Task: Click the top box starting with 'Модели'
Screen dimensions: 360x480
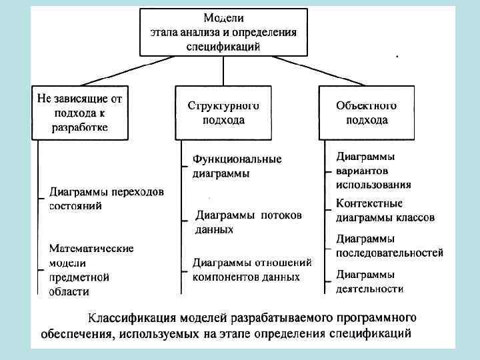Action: click(223, 31)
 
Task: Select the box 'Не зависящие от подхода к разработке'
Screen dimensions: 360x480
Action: click(79, 112)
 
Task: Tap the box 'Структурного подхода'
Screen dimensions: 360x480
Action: click(223, 113)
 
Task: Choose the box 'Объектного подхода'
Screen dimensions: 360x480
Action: click(367, 113)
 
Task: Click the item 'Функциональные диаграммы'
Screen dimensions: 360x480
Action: click(237, 167)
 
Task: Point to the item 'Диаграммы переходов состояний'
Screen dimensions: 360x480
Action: click(106, 199)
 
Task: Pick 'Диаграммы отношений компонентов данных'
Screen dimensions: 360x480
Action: click(252, 269)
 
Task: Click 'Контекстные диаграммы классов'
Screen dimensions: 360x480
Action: click(385, 210)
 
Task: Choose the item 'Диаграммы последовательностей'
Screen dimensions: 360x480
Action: click(389, 245)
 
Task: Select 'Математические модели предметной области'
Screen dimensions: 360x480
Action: click(91, 269)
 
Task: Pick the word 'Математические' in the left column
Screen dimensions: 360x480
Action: click(91, 248)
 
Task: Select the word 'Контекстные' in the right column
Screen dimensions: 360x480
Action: click(369, 203)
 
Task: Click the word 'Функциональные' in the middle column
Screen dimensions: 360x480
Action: click(237, 160)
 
